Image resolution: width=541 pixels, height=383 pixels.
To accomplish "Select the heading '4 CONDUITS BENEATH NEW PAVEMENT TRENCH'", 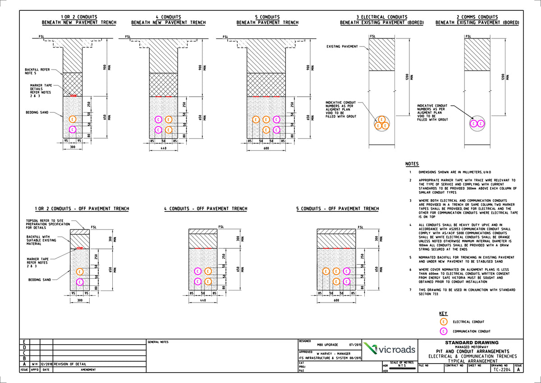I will (168, 20).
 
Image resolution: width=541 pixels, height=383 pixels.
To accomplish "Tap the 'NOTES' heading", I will (412, 163).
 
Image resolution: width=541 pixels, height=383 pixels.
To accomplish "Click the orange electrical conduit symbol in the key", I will (444, 322).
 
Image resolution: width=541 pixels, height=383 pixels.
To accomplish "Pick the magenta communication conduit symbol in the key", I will (444, 331).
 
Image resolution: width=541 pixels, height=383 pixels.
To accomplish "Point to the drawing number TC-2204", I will (501, 369).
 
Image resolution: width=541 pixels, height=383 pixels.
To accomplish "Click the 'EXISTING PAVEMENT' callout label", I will (342, 46).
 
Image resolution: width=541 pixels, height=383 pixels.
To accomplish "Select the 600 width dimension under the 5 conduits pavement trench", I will (267, 148).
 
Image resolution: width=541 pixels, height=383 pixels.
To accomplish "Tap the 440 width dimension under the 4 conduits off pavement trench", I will (203, 300).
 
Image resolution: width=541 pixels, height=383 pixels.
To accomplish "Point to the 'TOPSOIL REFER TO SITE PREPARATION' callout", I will (48, 224).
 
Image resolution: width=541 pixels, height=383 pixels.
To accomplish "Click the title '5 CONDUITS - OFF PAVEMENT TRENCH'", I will (337, 209).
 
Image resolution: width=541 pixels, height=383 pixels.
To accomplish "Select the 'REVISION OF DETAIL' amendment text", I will (70, 364).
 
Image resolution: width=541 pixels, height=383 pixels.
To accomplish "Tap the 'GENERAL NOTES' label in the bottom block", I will (158, 342).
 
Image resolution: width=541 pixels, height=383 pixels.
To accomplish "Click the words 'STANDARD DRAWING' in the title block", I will (472, 342).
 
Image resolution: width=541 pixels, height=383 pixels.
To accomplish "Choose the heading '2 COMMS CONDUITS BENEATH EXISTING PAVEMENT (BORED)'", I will (477, 20).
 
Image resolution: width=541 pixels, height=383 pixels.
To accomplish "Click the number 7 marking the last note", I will (410, 290).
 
